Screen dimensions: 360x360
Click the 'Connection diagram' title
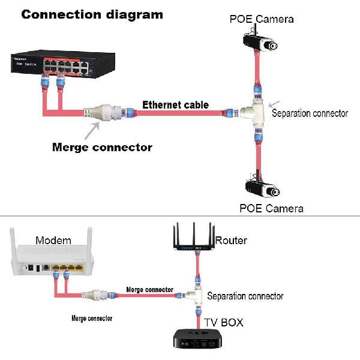click(x=92, y=14)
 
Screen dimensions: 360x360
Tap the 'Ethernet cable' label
click(x=175, y=105)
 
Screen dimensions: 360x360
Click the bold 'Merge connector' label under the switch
click(x=102, y=147)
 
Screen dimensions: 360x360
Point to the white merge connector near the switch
click(x=103, y=112)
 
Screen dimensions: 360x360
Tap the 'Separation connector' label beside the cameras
click(x=310, y=113)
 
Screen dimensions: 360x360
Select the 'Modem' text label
click(x=53, y=241)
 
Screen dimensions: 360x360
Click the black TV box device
click(x=196, y=340)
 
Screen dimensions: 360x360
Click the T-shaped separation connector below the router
click(x=191, y=294)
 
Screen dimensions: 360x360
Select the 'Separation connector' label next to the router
click(x=245, y=296)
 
